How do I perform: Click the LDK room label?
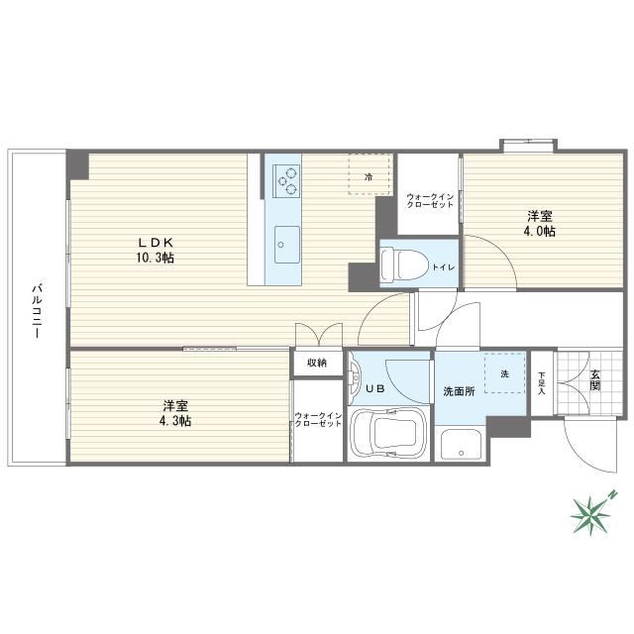[156, 242]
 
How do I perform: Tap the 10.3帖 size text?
[155, 258]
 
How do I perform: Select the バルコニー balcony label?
[38, 311]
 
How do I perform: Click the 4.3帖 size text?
[174, 421]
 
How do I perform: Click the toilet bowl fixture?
[405, 264]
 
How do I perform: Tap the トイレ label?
[444, 267]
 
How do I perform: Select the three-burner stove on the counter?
[286, 181]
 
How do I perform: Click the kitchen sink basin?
[287, 245]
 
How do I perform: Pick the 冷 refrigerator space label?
[369, 176]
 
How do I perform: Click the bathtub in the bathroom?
[389, 434]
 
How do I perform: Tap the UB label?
[375, 389]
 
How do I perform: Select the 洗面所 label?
[459, 391]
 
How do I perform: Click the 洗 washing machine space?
[504, 373]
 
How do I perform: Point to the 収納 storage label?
[317, 363]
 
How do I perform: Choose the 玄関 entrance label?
[594, 380]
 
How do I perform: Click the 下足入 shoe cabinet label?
[542, 383]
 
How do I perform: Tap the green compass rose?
[591, 514]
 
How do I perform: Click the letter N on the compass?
[613, 494]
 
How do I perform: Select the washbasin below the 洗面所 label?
[461, 445]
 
